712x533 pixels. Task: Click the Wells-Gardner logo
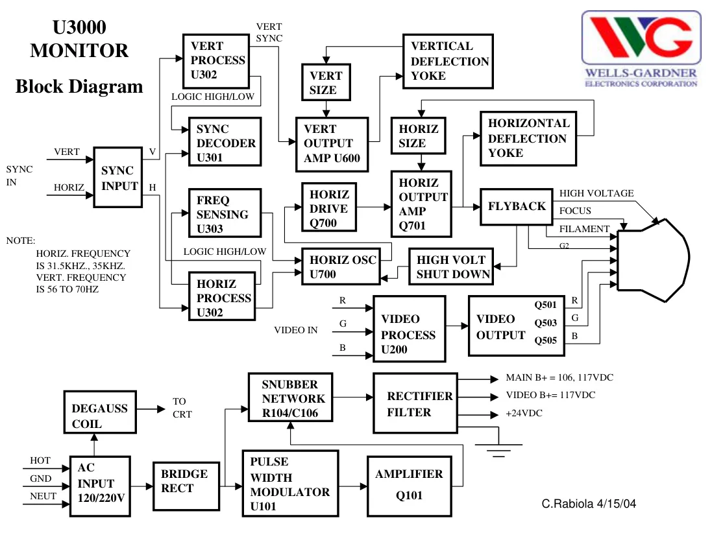(x=641, y=49)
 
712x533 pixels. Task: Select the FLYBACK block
(x=516, y=207)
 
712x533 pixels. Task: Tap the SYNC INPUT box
(x=118, y=178)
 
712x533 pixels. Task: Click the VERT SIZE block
(x=326, y=82)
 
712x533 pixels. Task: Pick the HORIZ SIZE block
(x=418, y=136)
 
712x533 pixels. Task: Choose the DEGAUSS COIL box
(x=100, y=412)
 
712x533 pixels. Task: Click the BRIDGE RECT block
(x=187, y=486)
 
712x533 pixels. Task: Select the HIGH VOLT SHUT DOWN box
(x=451, y=266)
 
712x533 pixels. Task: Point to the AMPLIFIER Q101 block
(x=409, y=486)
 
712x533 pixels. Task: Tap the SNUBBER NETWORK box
(x=290, y=397)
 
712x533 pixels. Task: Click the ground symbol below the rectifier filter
(x=498, y=450)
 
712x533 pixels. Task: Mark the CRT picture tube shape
(x=653, y=261)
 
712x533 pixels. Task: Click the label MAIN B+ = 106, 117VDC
(x=559, y=377)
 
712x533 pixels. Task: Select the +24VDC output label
(x=524, y=413)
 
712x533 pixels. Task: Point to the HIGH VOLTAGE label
(x=596, y=193)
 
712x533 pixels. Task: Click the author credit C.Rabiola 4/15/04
(x=589, y=504)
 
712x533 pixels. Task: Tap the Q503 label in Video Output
(x=545, y=323)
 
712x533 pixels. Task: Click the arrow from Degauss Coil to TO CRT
(x=151, y=409)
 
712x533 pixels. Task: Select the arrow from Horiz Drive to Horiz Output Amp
(x=374, y=207)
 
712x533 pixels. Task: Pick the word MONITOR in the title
(x=79, y=51)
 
